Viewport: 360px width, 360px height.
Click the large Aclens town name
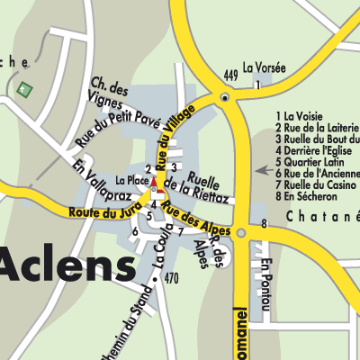pos(67,265)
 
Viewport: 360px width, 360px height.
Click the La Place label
pos(130,181)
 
